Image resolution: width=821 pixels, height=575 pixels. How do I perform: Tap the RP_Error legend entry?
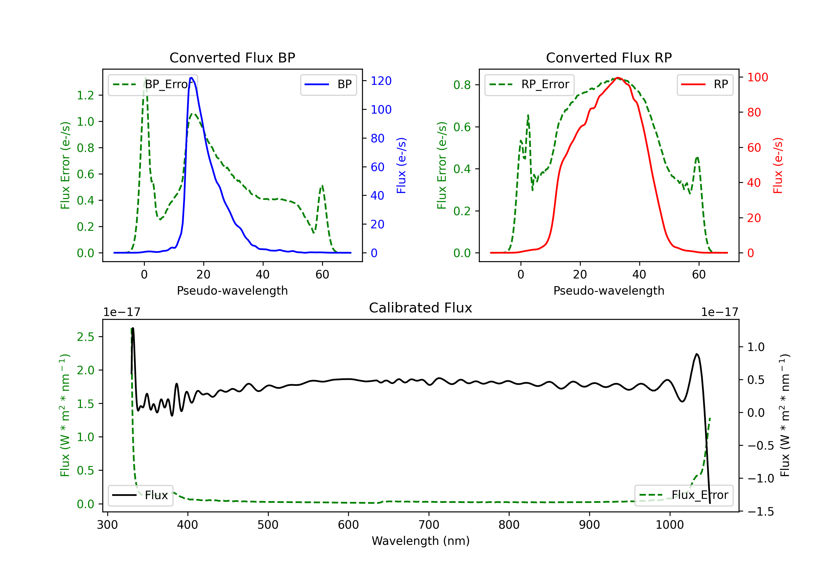coord(529,84)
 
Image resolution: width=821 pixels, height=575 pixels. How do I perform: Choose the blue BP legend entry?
coord(328,84)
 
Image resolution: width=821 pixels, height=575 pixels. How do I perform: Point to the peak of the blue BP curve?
coord(192,78)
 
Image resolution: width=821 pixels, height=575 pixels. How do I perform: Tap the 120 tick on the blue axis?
coord(381,81)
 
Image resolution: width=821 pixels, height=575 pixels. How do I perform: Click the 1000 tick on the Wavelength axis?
coord(669,525)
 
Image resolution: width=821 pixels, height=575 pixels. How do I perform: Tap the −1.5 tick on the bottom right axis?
coord(760,512)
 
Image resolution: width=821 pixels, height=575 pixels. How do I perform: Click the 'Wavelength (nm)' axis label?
coord(421,541)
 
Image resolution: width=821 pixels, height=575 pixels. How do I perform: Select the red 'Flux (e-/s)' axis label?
coord(778,165)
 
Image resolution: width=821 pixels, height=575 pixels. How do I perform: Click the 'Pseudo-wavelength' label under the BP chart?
coord(232,291)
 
